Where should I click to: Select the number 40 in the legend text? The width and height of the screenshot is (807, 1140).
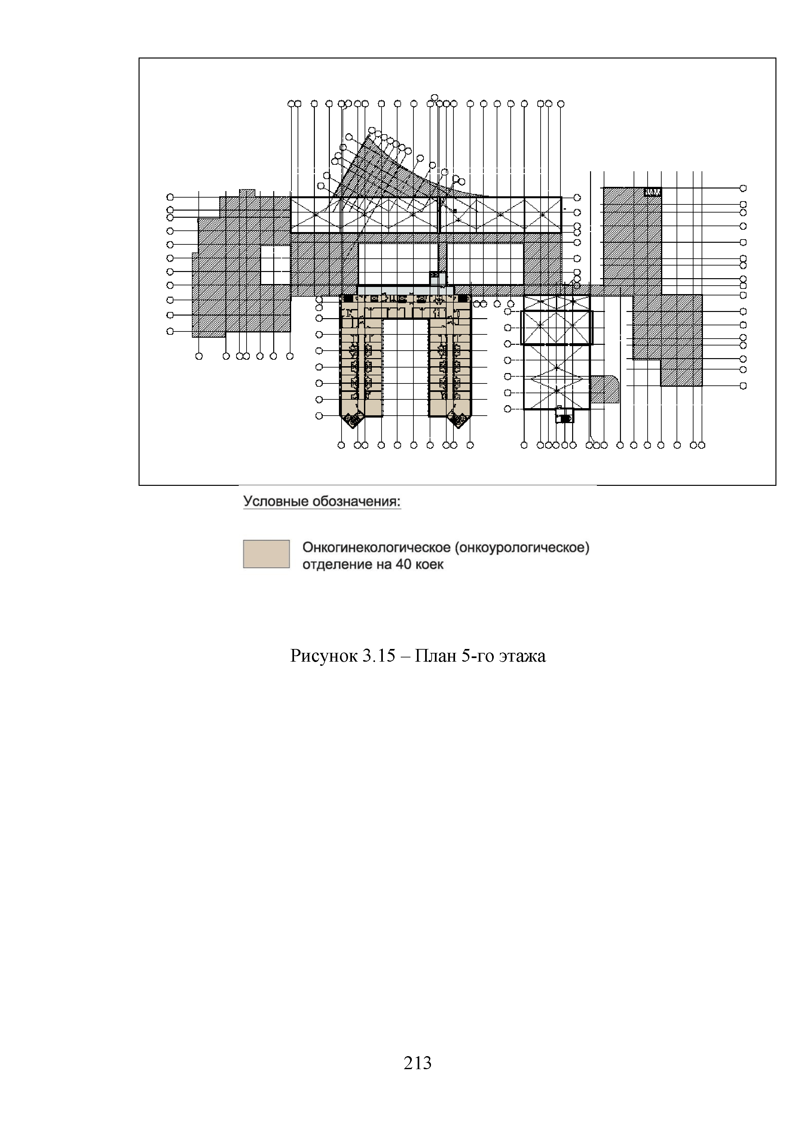click(x=403, y=564)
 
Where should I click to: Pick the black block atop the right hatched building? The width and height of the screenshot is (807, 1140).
click(x=652, y=192)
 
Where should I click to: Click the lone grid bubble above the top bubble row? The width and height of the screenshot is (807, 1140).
click(x=434, y=97)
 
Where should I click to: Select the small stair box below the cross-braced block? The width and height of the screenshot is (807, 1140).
click(x=564, y=416)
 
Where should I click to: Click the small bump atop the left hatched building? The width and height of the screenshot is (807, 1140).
click(x=247, y=193)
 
